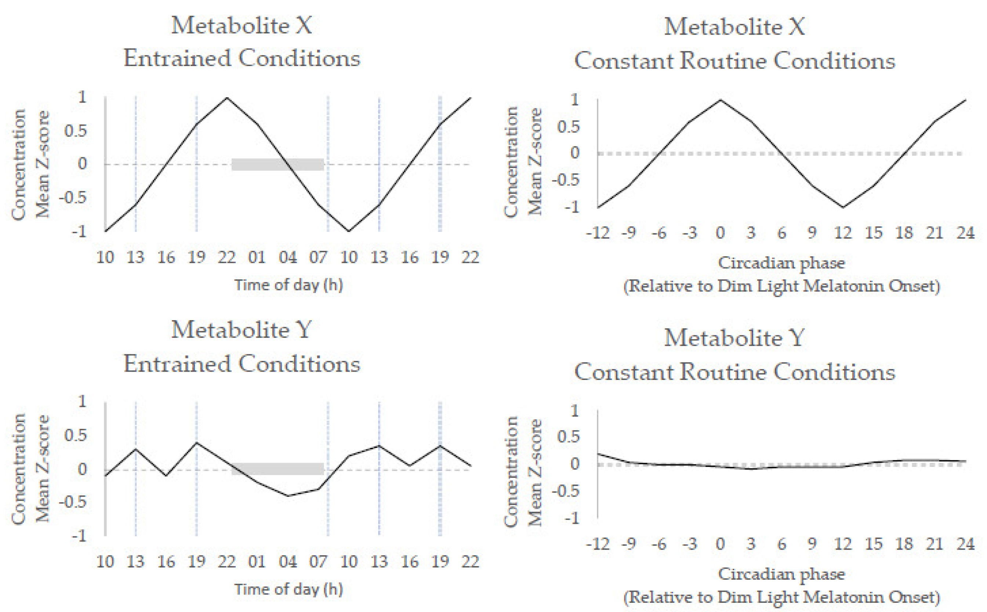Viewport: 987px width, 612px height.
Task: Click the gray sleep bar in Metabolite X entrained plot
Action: (x=277, y=164)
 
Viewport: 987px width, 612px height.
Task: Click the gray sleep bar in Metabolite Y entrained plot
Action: (x=277, y=469)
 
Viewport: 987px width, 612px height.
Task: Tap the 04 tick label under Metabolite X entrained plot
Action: (x=288, y=257)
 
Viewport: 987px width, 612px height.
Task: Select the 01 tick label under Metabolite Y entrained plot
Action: (x=257, y=561)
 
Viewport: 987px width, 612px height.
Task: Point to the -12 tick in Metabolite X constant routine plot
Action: (x=598, y=233)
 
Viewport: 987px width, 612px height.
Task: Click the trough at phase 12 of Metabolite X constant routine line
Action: (x=843, y=207)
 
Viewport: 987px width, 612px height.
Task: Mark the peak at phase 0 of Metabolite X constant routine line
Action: (x=720, y=99)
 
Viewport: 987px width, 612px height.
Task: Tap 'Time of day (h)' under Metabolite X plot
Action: (x=289, y=285)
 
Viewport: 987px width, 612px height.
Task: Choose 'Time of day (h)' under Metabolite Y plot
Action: (x=289, y=589)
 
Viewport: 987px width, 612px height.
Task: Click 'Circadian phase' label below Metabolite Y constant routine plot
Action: (x=781, y=574)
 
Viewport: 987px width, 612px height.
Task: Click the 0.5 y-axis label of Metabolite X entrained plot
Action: (x=76, y=131)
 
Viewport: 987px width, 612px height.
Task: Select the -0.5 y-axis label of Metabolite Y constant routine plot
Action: (x=566, y=491)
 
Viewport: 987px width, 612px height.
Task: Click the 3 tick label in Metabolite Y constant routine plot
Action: (x=751, y=544)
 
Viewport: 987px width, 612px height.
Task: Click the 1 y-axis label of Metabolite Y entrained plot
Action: (x=82, y=401)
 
